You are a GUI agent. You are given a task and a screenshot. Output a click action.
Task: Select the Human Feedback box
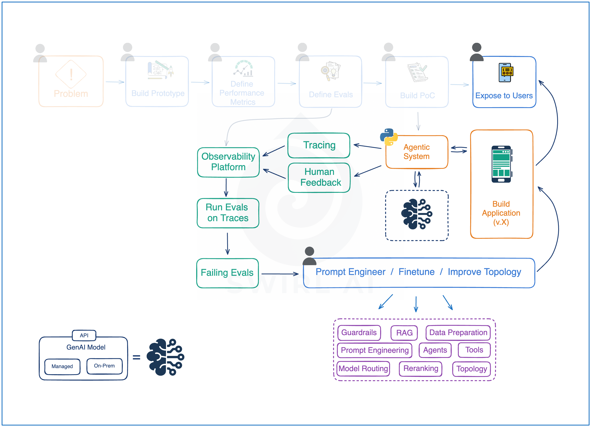tap(319, 177)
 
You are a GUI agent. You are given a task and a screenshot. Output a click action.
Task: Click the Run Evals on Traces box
tap(228, 213)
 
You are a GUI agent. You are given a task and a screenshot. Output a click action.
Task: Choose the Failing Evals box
tap(227, 273)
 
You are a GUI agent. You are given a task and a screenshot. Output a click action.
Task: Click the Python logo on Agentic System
tap(388, 137)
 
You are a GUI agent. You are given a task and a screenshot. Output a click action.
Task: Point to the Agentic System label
tap(416, 152)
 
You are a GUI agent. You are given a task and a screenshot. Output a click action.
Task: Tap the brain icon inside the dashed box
tap(416, 214)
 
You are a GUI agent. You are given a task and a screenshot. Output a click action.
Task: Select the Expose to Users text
tap(504, 96)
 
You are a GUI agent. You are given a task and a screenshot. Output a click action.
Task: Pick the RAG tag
tap(404, 333)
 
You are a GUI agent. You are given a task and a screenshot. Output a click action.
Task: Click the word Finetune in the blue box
tap(416, 272)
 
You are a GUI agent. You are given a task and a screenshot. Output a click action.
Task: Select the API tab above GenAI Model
tap(84, 335)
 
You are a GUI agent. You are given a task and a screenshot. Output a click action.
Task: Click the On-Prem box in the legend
tap(104, 366)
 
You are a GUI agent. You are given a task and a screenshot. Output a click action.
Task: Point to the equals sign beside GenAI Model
tap(136, 357)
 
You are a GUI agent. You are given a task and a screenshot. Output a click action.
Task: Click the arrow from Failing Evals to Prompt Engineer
tap(280, 274)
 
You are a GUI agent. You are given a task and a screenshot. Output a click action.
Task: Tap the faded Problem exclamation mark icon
tap(71, 74)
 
